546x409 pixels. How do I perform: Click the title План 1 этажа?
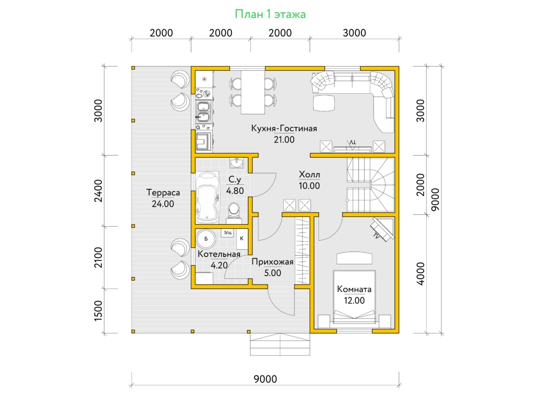270,15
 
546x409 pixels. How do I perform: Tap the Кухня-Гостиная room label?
284,129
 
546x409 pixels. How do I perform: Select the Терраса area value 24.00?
163,204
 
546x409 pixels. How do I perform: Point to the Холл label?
309,175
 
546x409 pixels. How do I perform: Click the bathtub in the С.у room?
208,197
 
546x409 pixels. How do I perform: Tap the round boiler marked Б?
206,239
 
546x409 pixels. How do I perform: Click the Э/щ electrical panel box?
227,233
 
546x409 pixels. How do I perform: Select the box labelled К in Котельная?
242,239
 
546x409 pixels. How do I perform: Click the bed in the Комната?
354,297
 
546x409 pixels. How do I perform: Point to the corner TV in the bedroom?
382,229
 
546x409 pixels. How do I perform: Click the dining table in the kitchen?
253,92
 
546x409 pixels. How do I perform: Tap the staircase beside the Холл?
370,185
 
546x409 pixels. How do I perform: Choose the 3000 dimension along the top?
354,33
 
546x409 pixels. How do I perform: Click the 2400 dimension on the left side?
99,191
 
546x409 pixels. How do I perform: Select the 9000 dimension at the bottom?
265,379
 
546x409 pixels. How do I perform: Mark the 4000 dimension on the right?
420,274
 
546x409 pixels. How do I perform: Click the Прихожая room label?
273,262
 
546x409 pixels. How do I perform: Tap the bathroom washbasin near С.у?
236,163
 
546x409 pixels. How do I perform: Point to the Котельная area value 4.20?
219,265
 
